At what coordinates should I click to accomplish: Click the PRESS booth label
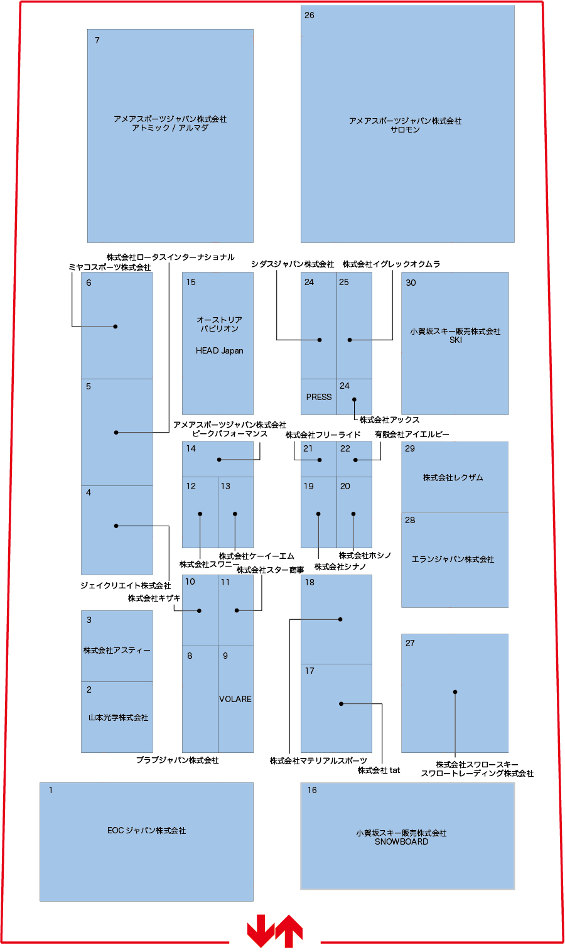[x=319, y=397]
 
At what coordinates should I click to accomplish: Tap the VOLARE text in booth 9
[x=235, y=699]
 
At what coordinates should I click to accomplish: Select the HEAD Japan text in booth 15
[x=219, y=350]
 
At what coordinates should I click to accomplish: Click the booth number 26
[x=309, y=15]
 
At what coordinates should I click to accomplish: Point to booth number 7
[x=97, y=40]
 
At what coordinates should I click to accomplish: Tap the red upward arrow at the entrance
[x=289, y=931]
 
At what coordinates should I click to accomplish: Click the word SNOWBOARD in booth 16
[x=402, y=841]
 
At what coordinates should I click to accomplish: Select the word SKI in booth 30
[x=456, y=340]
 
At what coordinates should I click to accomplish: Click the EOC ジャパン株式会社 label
[x=146, y=830]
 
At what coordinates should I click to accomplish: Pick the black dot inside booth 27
[x=455, y=692]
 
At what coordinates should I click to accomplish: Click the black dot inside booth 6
[x=116, y=327]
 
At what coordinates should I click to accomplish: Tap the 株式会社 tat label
[x=379, y=771]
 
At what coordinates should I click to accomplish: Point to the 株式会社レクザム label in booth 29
[x=453, y=478]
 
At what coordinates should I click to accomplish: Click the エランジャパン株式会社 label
[x=453, y=560]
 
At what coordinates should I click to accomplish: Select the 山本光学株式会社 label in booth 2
[x=118, y=718]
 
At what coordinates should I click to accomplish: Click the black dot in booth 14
[x=219, y=460]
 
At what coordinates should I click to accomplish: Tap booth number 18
[x=309, y=582]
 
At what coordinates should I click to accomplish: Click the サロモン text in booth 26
[x=405, y=129]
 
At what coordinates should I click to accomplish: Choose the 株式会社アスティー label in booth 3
[x=117, y=651]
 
